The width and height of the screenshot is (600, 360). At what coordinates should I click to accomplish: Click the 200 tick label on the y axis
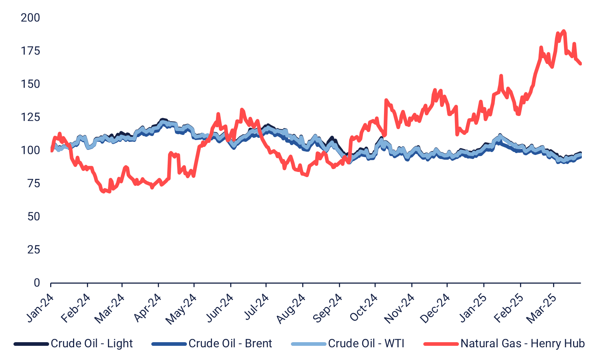(x=31, y=18)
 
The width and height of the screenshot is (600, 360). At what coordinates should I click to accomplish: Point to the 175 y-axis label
(x=31, y=51)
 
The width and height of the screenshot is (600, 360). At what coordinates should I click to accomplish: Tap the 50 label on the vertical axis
(x=33, y=217)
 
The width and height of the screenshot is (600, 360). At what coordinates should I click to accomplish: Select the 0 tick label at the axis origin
(x=37, y=283)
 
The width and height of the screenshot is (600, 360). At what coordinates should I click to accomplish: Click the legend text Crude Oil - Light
(x=92, y=344)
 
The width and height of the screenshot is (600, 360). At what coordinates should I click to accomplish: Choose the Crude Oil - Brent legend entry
(x=230, y=344)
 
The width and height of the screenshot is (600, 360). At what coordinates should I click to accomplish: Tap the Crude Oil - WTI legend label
(x=366, y=344)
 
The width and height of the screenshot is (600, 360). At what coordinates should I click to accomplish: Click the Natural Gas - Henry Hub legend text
(x=523, y=344)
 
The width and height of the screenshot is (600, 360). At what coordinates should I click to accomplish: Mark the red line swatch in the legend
(x=441, y=344)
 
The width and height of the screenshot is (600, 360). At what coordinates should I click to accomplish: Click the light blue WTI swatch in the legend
(x=308, y=344)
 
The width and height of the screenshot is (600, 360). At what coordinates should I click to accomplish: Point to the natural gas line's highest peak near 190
(x=564, y=31)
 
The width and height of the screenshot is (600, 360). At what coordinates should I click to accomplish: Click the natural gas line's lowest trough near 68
(x=103, y=191)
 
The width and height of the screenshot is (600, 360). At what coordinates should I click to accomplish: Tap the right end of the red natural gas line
(x=580, y=64)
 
